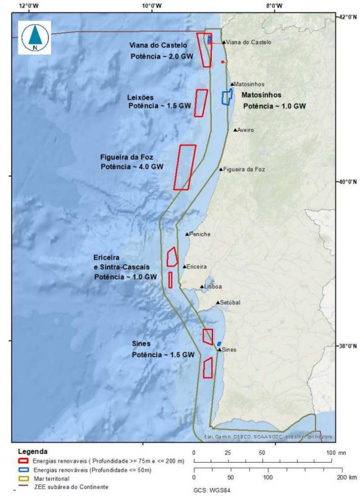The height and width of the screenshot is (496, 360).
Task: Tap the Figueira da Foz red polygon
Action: (185, 167)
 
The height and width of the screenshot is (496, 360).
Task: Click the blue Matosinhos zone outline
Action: (227, 97)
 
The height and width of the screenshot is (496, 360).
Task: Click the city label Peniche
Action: (201, 234)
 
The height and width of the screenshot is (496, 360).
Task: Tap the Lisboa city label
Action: (213, 287)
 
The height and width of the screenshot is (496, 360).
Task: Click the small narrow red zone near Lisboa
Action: (170, 280)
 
